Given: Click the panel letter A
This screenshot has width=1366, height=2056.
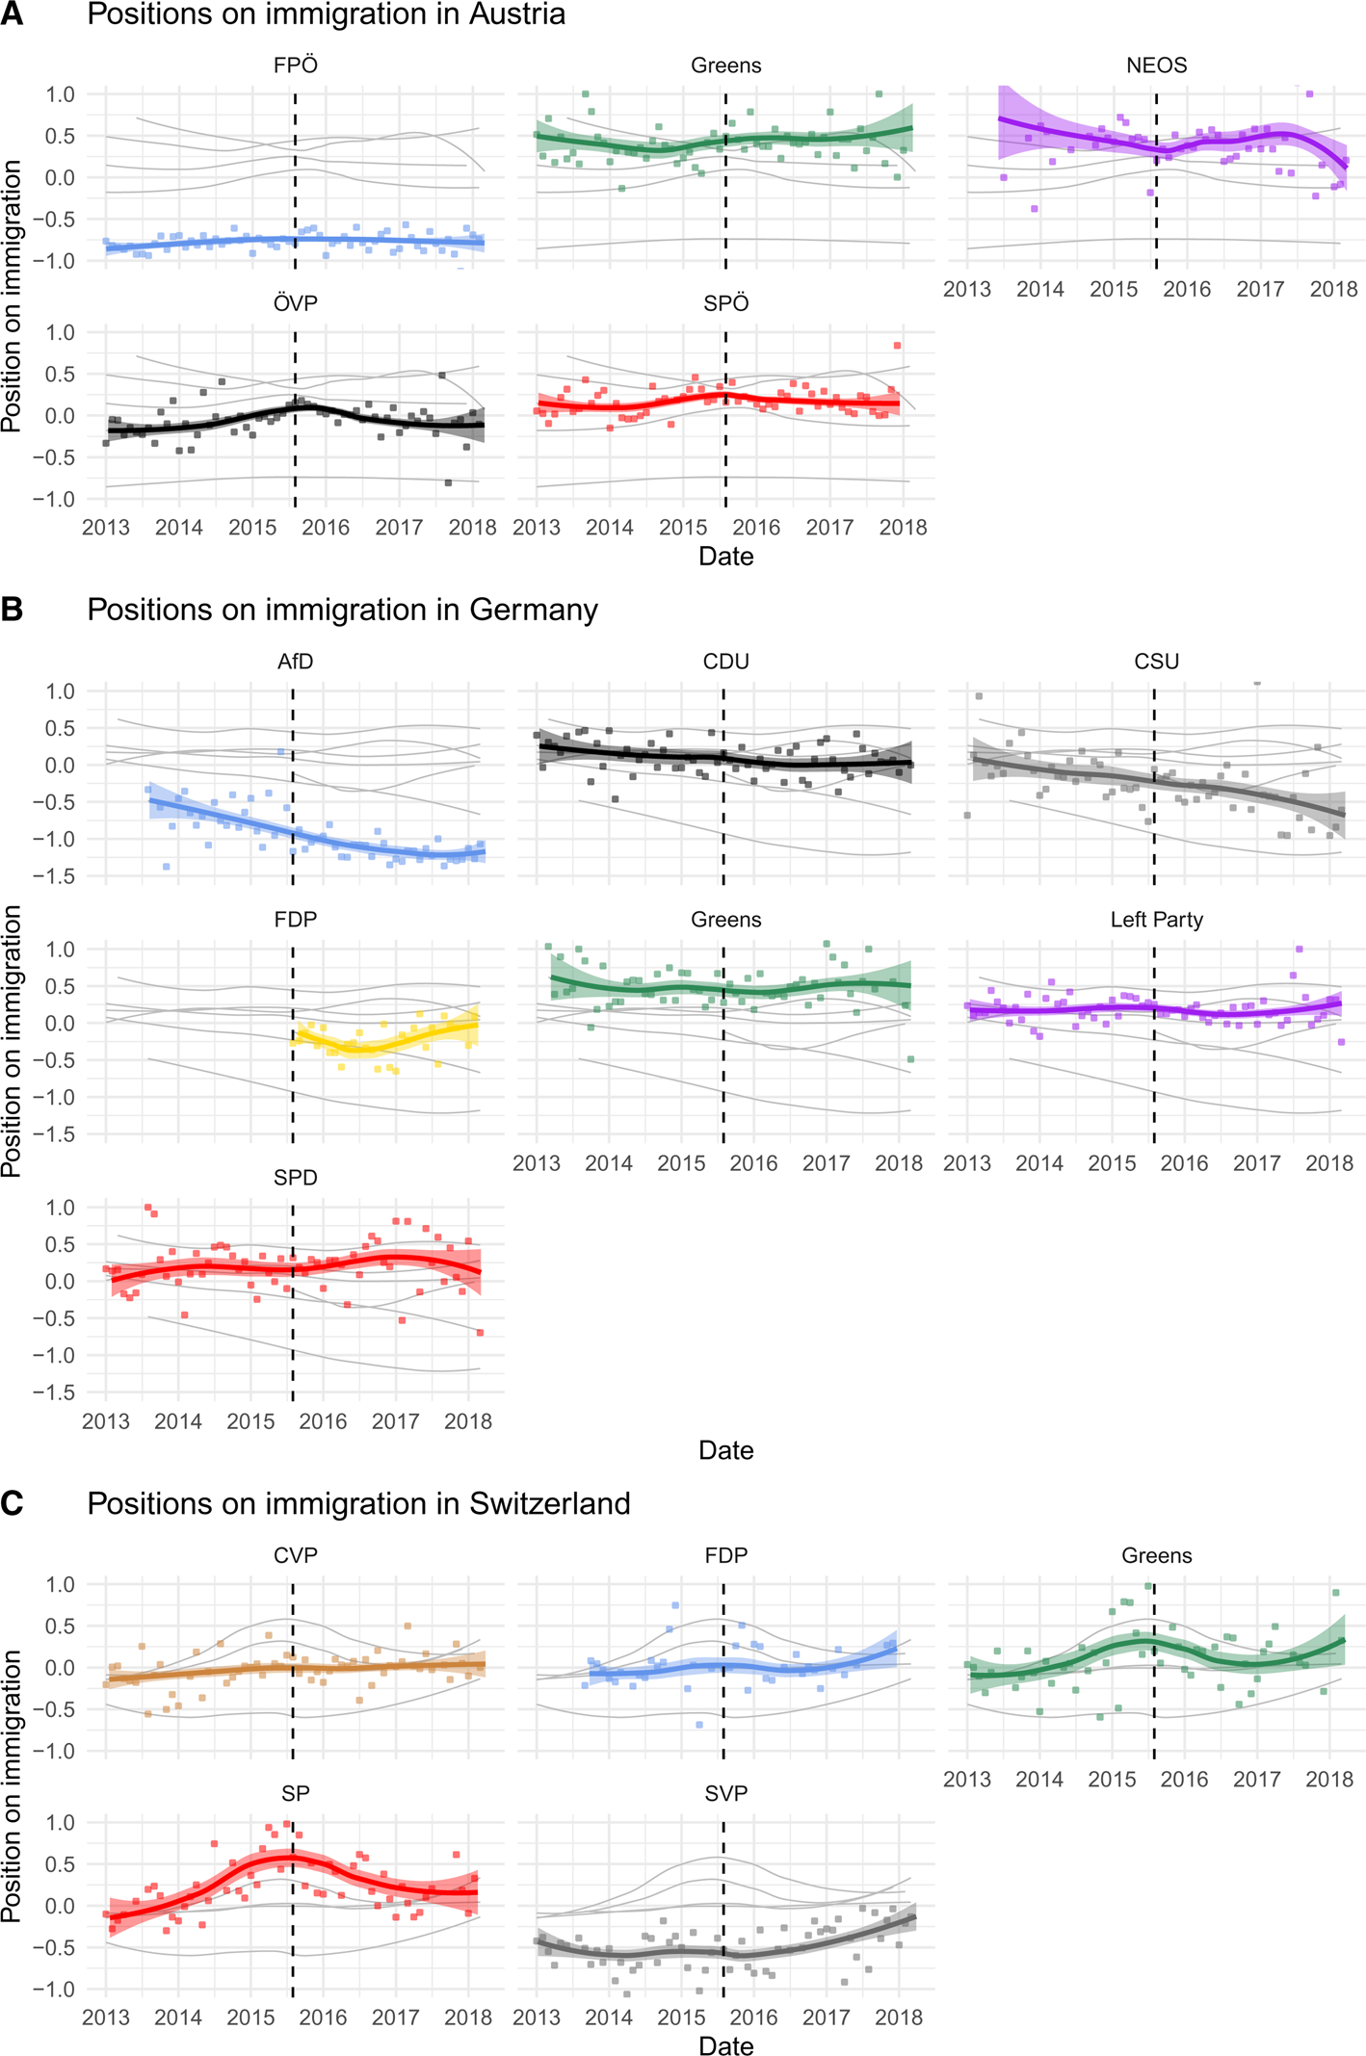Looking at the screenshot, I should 12,13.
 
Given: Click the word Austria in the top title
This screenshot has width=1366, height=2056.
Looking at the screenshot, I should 516,14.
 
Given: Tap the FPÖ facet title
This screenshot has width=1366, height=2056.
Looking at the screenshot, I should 295,65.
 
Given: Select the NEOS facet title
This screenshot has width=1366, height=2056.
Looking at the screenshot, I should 1156,65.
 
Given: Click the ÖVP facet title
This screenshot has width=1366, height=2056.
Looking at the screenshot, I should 295,303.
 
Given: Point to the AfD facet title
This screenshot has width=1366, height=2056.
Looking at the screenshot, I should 295,662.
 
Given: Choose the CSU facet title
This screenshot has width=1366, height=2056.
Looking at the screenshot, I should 1156,662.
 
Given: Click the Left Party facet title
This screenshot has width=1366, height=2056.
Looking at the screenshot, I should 1156,920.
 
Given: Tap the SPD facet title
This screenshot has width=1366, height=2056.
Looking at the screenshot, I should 295,1178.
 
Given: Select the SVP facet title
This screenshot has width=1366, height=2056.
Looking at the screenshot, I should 725,1793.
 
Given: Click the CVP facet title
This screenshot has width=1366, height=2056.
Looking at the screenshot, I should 295,1555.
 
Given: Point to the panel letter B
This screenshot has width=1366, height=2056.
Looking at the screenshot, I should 12,610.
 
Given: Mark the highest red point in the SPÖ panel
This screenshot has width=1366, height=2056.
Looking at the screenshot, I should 897,345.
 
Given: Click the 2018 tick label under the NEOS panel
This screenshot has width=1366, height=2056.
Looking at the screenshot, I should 1333,289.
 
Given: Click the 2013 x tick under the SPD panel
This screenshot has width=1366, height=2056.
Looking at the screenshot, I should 106,1421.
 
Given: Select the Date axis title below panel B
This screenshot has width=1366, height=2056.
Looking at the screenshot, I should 725,1450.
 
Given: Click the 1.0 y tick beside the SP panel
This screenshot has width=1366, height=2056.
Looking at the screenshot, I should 60,1822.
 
